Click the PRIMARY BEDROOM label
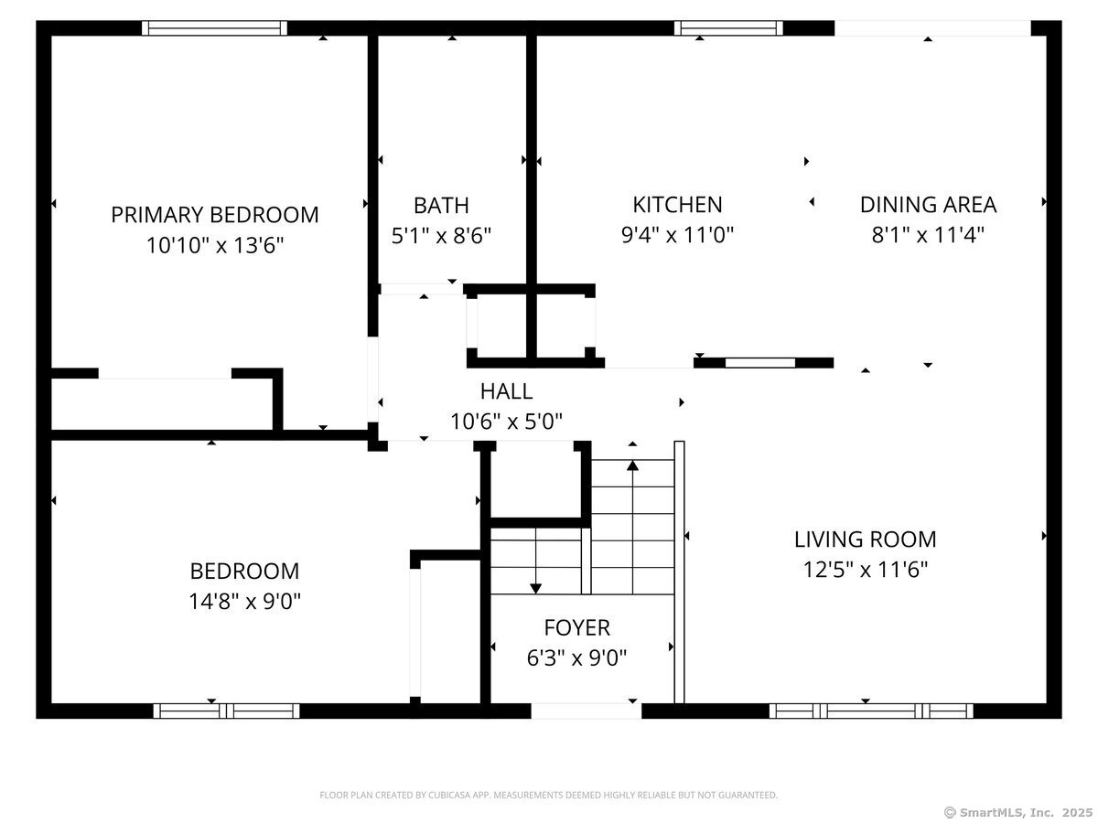215,215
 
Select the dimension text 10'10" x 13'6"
215,245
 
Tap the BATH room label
441,205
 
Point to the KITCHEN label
677,205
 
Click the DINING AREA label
928,205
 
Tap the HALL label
506,391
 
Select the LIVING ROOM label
865,540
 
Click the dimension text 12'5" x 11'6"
865,570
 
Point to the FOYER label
576,627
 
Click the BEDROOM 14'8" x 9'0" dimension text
244,601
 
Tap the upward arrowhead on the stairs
632,465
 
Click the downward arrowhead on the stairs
535,588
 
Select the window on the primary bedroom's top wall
214,28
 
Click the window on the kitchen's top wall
728,28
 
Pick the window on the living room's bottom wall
870,711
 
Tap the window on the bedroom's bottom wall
226,711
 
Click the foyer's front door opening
586,711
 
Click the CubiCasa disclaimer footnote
548,796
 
